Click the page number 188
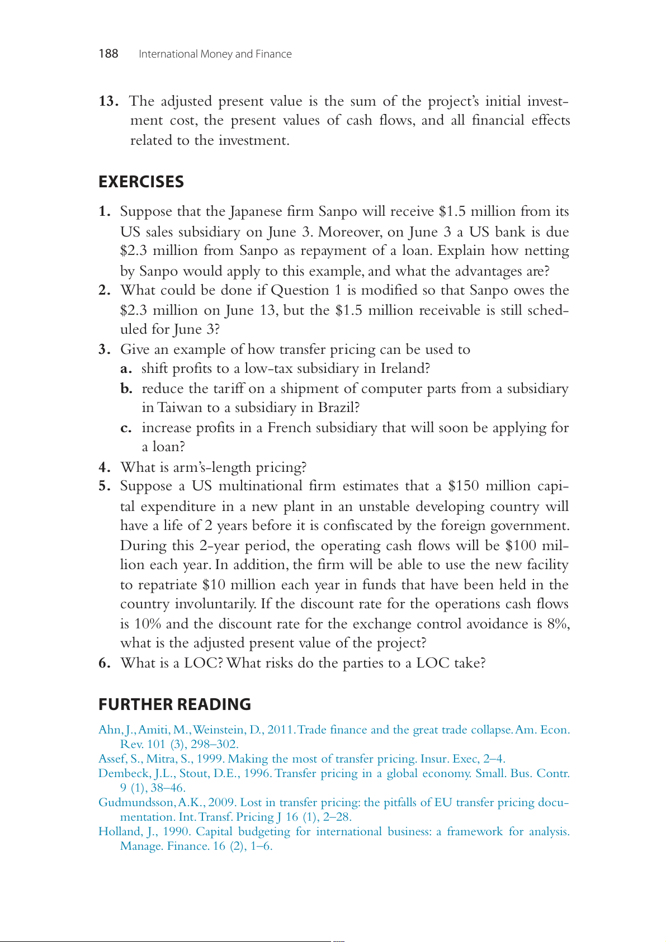tap(108, 54)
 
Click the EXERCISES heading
tap(141, 182)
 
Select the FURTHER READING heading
tap(174, 704)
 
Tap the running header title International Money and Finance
tap(215, 54)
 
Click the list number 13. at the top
tap(108, 101)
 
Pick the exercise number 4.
tap(104, 467)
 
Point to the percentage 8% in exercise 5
tap(559, 624)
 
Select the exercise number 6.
tap(104, 663)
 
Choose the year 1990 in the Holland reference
tap(176, 831)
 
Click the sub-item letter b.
tap(126, 389)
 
